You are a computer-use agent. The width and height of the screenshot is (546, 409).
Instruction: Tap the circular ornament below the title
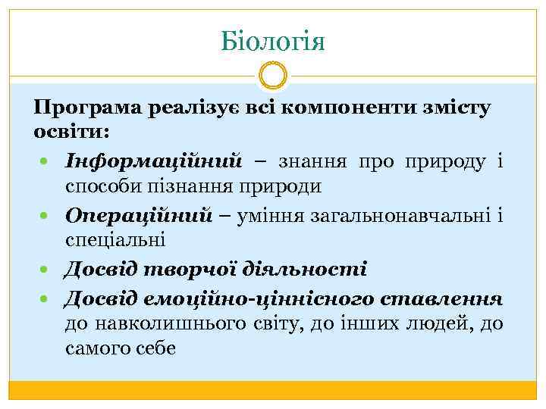pyautogui.click(x=273, y=76)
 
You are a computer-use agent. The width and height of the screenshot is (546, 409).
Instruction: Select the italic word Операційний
pyautogui.click(x=138, y=216)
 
